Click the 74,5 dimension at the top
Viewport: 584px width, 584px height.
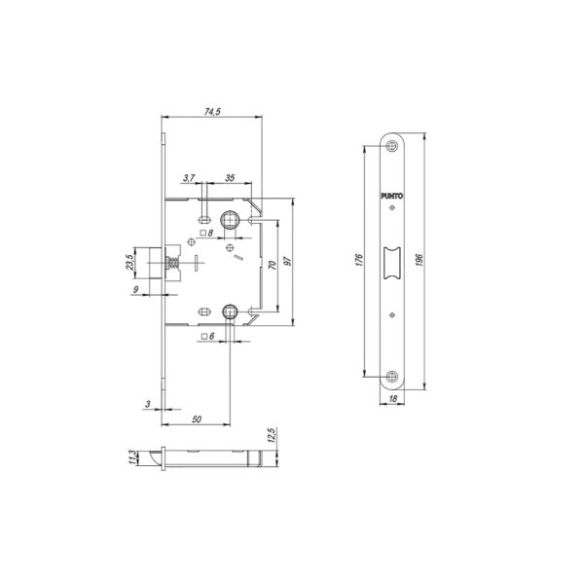coord(212,111)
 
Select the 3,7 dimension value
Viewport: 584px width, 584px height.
coord(189,178)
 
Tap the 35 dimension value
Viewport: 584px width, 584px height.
coord(230,178)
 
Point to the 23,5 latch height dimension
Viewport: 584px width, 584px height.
coord(128,262)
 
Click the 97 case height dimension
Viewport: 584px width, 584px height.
coord(287,261)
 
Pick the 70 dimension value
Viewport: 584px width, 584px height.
coord(273,265)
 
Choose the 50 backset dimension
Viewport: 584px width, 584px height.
coord(197,420)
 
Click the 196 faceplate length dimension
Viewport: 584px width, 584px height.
coord(420,259)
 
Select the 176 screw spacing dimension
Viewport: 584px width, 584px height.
coord(359,260)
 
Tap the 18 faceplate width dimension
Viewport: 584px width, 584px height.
coord(393,399)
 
